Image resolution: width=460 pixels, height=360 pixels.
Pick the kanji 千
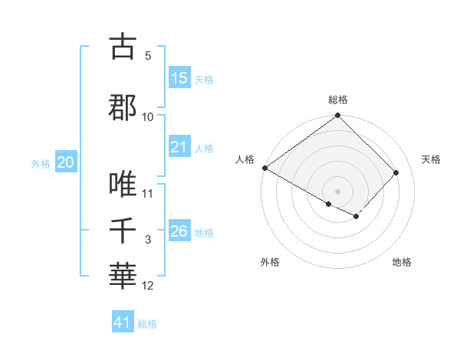coord(122,231)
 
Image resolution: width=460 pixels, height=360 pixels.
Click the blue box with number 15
coord(179,78)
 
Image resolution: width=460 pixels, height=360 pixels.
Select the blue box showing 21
coord(179,147)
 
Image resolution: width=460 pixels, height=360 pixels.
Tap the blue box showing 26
coord(179,231)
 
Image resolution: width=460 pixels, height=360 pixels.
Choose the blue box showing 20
coord(66,162)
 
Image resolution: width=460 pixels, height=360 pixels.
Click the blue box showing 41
coord(123,322)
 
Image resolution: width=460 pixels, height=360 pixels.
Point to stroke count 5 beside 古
coord(148,56)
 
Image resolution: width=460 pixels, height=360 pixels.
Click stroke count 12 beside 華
coord(148,286)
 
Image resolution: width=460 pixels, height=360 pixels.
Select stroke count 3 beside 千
coord(148,241)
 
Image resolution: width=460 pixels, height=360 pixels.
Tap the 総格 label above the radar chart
coord(337,100)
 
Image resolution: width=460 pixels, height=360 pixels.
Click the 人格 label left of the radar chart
coord(245,159)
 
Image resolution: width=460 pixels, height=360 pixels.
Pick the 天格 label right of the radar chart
coord(431,159)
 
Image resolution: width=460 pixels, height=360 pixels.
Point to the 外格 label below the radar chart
coord(270,262)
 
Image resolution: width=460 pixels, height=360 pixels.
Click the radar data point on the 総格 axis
coord(337,116)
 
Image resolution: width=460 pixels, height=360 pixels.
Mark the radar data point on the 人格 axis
coord(265,168)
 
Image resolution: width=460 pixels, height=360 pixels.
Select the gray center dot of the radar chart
coord(337,191)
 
